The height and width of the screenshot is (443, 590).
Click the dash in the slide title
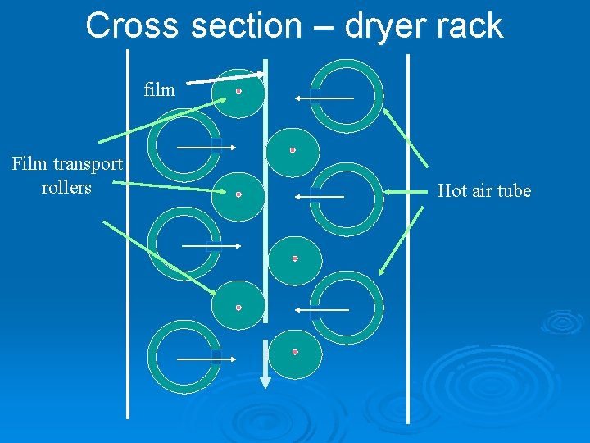pyautogui.click(x=324, y=27)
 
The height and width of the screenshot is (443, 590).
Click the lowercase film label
pyautogui.click(x=159, y=89)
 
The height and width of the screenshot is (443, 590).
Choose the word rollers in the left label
pyautogui.click(x=66, y=188)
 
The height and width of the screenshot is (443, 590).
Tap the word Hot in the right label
pyautogui.click(x=453, y=190)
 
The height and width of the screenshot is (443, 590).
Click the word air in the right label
pyautogui.click(x=484, y=191)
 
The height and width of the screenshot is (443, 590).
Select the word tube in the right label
pyautogui.click(x=515, y=190)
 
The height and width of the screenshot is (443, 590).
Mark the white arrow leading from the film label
pyautogui.click(x=225, y=78)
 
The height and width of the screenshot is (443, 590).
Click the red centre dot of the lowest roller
pyautogui.click(x=295, y=352)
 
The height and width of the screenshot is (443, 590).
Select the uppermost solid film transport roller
pyautogui.click(x=238, y=92)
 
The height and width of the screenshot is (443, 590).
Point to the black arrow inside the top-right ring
pyautogui.click(x=324, y=98)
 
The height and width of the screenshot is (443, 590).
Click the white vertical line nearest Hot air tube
pyautogui.click(x=408, y=238)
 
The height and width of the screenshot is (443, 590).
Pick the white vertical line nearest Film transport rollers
pyautogui.click(x=128, y=238)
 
